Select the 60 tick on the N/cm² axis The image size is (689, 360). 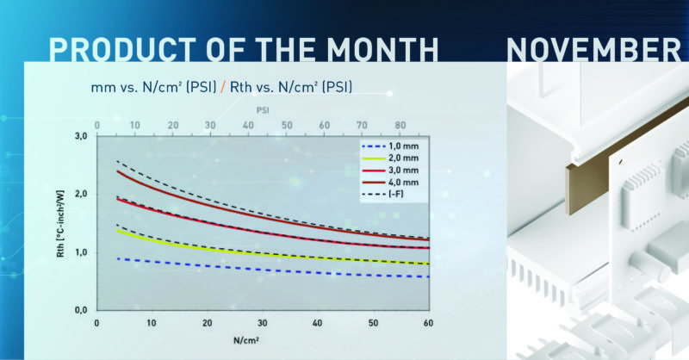click(428, 322)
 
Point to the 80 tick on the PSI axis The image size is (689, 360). click(399, 125)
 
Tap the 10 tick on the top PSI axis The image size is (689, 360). click(136, 125)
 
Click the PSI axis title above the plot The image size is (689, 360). click(262, 110)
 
